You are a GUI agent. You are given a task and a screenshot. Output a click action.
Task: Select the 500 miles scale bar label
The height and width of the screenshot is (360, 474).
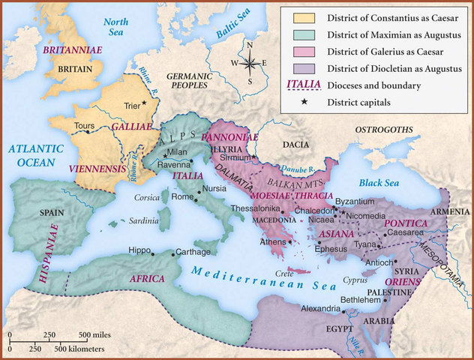click(94, 334)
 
